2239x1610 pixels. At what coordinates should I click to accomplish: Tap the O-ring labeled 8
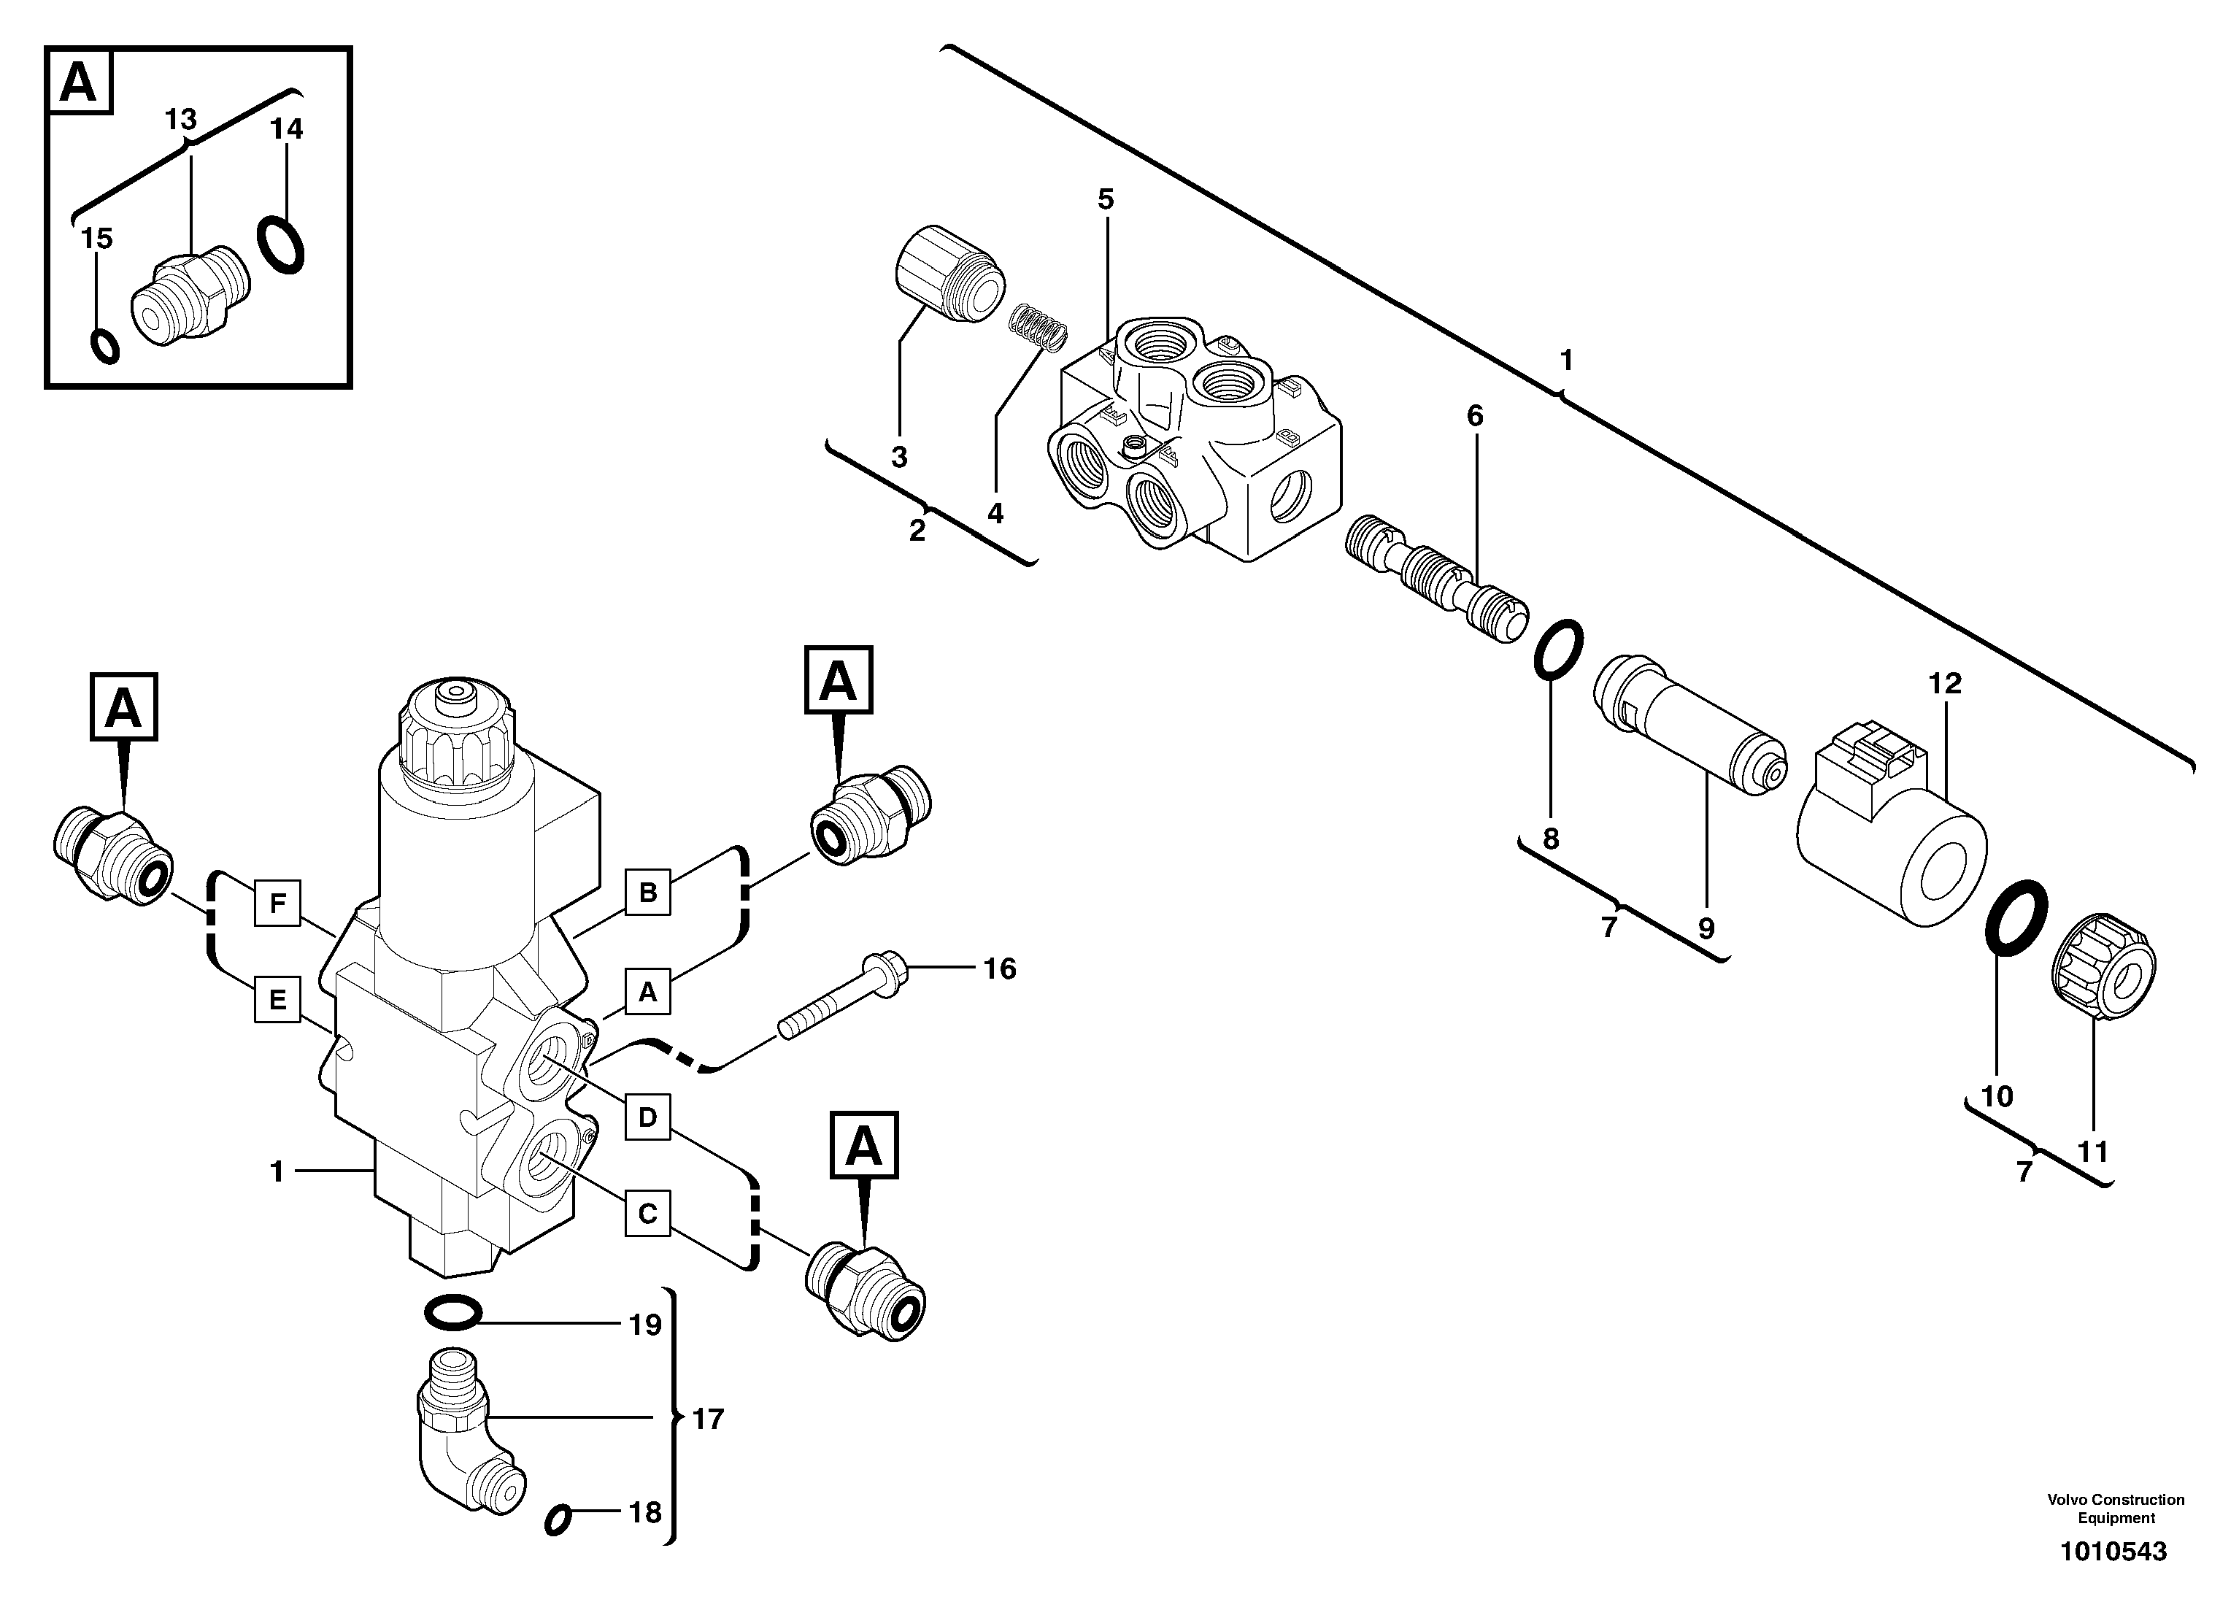pos(1559,650)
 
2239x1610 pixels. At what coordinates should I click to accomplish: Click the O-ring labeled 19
pos(452,1312)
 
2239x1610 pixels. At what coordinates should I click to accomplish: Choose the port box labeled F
pos(277,901)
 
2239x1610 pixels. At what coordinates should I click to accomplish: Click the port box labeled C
pos(647,1212)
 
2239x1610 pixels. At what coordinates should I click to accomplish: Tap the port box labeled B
pos(647,893)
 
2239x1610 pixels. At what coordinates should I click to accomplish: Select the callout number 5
pos(1105,199)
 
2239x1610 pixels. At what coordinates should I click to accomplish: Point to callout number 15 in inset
pos(97,238)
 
